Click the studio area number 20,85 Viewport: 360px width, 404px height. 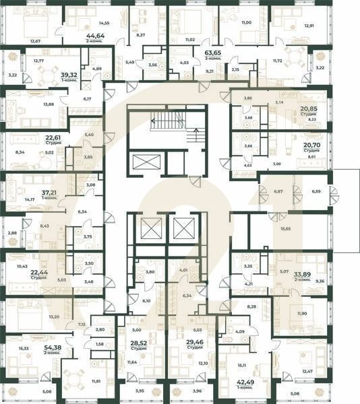[x=309, y=108]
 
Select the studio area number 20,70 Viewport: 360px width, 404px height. [x=311, y=145]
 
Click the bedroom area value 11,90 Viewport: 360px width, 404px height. [x=301, y=313]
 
